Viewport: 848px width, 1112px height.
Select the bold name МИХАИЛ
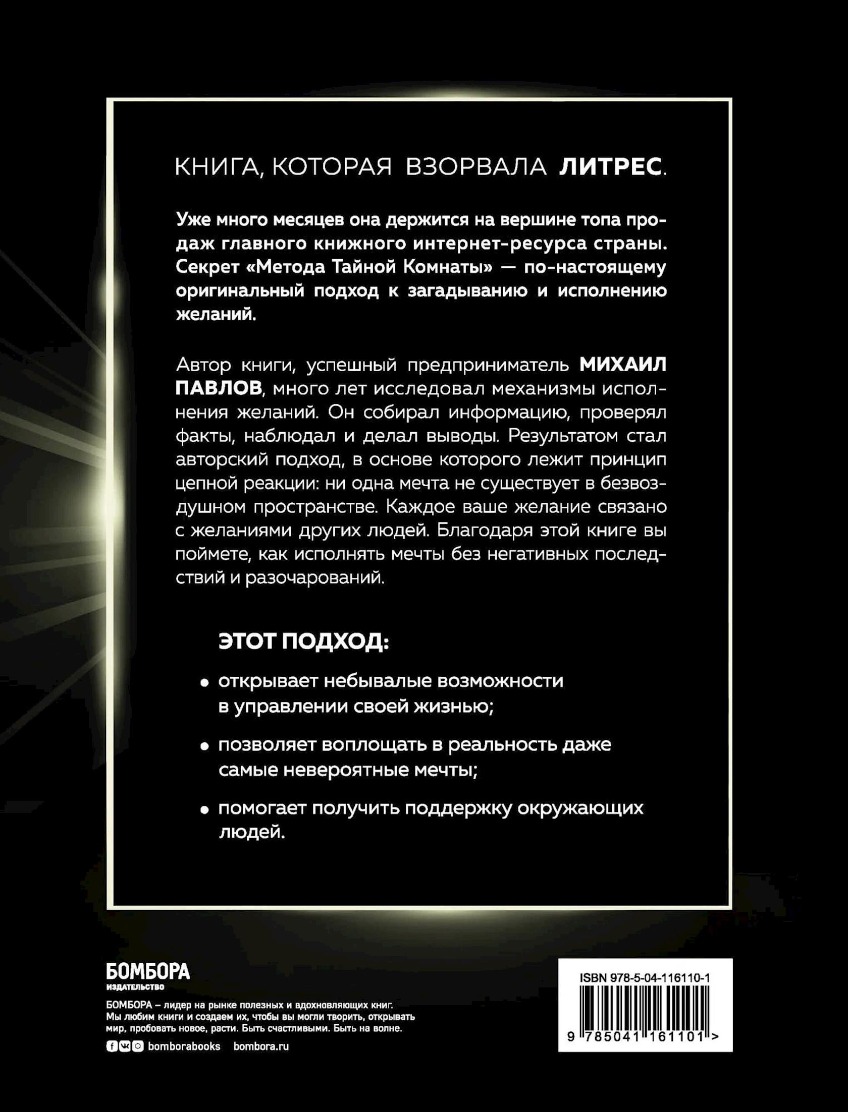tap(622, 365)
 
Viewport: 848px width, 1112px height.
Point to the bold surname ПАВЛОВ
tap(220, 389)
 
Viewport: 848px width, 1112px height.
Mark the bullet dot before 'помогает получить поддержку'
tap(204, 810)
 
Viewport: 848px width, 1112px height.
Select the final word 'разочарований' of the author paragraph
tap(314, 578)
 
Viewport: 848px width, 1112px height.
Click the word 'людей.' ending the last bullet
tap(252, 832)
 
